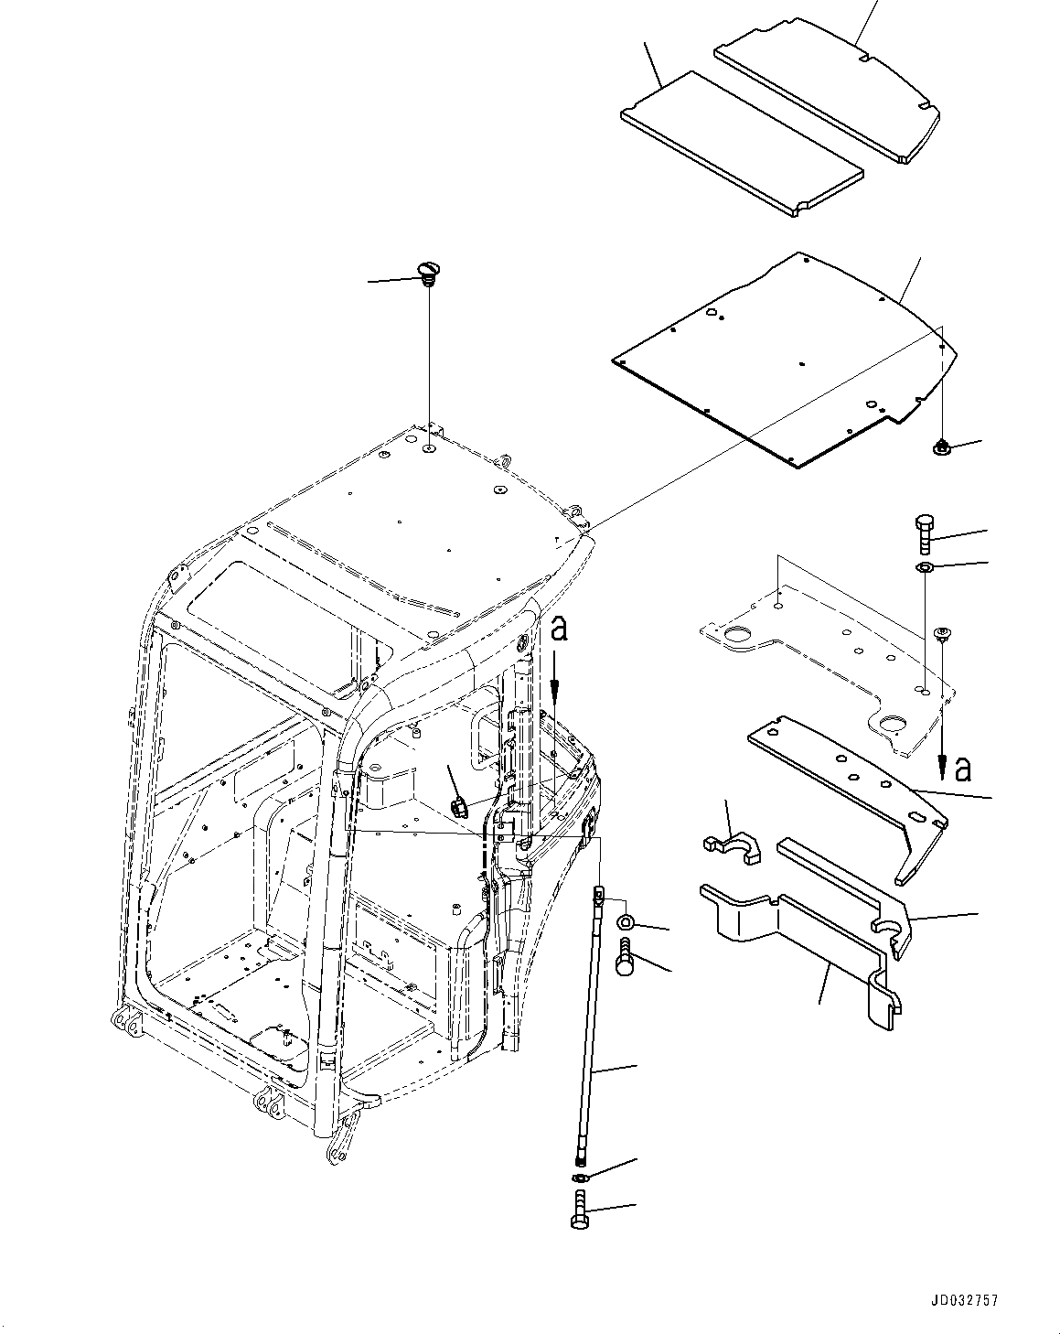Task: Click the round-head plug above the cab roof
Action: pos(425,271)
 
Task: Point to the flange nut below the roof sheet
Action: pos(941,447)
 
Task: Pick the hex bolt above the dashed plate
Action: pos(923,533)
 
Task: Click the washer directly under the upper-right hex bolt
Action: pos(924,569)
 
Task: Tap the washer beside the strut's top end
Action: pos(627,920)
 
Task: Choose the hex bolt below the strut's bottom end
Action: pos(583,1211)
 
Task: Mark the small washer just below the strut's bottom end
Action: pos(580,1175)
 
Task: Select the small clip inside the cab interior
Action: pos(459,805)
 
